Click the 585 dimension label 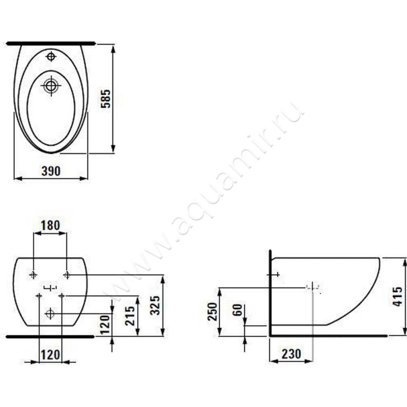(105, 98)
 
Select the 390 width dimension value (51, 171)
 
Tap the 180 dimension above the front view (50, 225)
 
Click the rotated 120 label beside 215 (104, 324)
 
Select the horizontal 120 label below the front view (50, 355)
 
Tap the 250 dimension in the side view (212, 311)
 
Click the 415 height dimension (398, 297)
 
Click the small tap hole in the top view (50, 56)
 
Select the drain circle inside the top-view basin (50, 85)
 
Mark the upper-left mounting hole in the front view (34, 275)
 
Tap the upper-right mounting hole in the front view (67, 275)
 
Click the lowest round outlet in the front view (50, 314)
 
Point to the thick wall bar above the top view (50, 43)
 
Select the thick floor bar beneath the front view (49, 336)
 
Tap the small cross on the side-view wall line (276, 275)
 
